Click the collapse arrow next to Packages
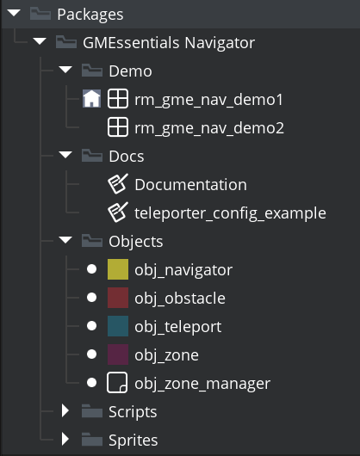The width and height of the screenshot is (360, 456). pos(14,13)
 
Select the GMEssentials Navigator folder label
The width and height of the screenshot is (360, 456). pos(169,43)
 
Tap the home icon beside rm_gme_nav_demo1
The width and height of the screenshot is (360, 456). pos(91,99)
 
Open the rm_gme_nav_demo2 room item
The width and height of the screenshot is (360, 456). pos(209,128)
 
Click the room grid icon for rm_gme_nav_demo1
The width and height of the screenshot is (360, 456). pos(118,99)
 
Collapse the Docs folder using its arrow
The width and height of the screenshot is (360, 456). pos(65,154)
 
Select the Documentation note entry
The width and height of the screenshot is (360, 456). pos(190,185)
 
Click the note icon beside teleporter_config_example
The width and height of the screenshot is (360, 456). pos(118,213)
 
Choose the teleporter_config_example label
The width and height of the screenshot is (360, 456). pos(230,213)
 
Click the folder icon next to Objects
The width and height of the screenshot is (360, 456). pos(92,241)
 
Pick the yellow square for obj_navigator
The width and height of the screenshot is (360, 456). pos(118,269)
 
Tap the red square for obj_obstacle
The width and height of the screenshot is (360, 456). pos(118,298)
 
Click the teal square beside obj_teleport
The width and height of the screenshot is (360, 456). pos(118,326)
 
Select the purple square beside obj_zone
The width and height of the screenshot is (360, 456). pos(118,354)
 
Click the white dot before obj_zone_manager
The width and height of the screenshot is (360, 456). pos(91,383)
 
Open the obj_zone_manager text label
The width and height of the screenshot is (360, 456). pos(202,384)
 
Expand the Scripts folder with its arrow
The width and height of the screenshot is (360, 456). pos(65,411)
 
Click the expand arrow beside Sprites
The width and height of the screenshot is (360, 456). pos(65,439)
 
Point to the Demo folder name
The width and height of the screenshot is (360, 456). pos(130,71)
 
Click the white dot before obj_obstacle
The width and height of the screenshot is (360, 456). pos(91,298)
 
